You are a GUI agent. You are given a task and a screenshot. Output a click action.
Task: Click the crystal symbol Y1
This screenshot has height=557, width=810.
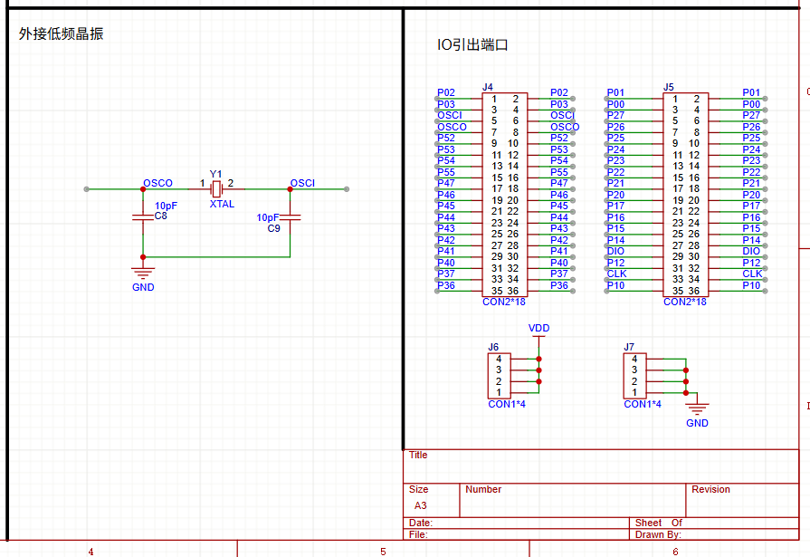[217, 189]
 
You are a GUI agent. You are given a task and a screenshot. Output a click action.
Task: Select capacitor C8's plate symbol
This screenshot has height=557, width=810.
[143, 217]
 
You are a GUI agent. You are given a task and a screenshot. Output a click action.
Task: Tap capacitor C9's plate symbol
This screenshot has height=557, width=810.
[291, 217]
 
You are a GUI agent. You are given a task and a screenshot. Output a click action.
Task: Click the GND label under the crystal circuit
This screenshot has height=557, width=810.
[143, 287]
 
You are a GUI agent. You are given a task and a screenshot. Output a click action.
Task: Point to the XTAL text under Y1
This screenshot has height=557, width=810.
[222, 205]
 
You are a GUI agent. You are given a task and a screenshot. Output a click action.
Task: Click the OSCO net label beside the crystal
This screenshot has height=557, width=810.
[157, 183]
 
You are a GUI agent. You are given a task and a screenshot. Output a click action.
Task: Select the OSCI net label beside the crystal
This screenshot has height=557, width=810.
[302, 183]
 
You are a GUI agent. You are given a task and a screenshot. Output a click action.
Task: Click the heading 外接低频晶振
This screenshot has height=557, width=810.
[61, 34]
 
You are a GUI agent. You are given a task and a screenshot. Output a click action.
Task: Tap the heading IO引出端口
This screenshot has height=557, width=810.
[472, 45]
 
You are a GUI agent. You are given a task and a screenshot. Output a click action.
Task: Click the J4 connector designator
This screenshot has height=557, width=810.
[487, 88]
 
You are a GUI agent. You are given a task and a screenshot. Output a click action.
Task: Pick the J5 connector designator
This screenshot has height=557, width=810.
[669, 88]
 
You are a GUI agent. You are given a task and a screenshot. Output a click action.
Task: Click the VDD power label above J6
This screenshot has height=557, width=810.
[538, 329]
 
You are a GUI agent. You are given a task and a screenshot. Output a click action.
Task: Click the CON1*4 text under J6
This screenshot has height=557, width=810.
[507, 405]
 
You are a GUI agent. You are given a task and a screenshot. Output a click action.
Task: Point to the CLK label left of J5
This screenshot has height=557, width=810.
[617, 274]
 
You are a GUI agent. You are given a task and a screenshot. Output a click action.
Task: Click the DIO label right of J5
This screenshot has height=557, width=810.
[751, 252]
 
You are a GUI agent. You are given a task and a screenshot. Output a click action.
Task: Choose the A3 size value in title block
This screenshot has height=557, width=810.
[421, 505]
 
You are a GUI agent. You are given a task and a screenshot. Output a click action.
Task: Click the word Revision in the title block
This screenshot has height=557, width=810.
[710, 489]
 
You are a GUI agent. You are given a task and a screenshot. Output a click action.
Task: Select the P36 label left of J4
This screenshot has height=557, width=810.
[446, 285]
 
